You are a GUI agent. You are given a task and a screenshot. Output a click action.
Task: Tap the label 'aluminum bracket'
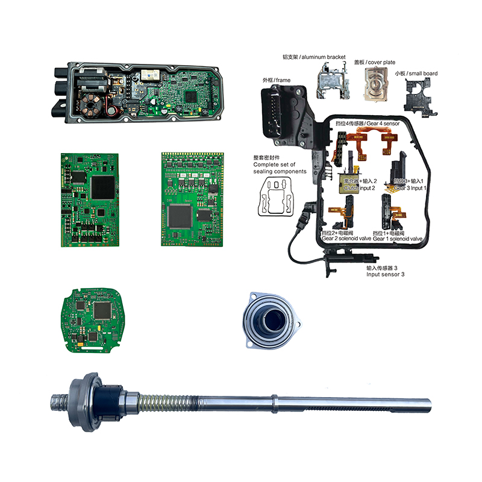click(315, 57)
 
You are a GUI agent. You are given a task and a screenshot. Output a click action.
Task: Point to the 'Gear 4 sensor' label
click(366, 122)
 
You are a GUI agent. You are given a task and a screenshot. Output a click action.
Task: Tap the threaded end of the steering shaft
click(59, 398)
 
